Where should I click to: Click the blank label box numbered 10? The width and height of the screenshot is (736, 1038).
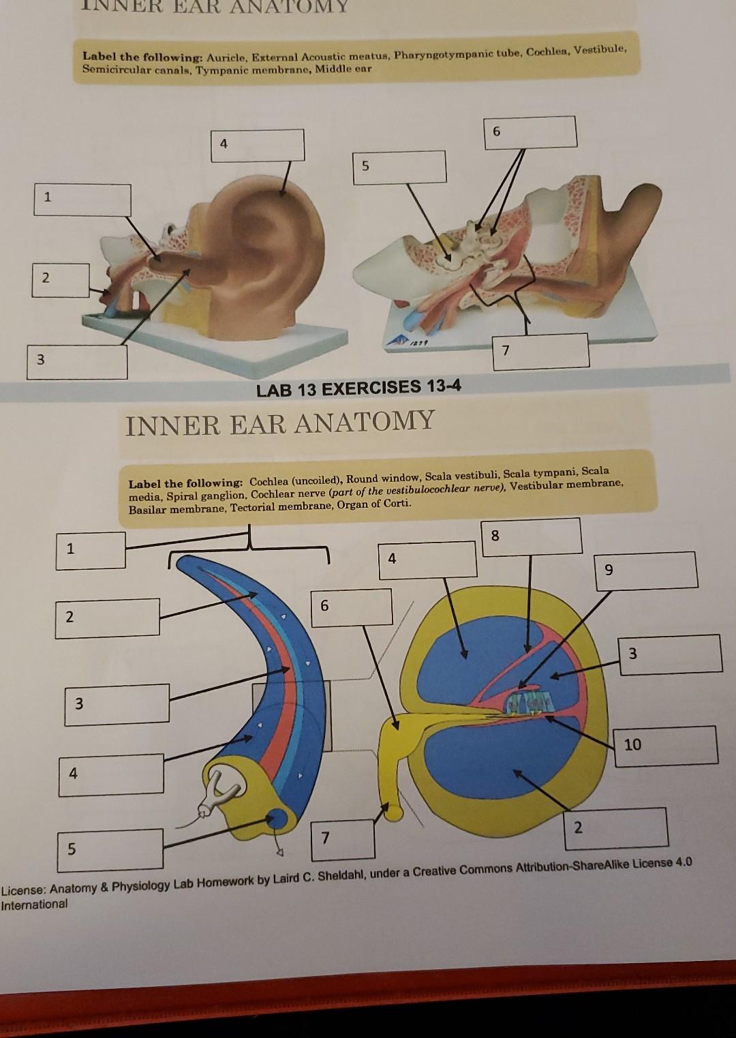[667, 745]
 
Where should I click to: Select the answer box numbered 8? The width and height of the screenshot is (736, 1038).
[532, 536]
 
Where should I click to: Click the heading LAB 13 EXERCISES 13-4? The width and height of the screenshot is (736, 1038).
[358, 388]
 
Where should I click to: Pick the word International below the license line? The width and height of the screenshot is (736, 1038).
[34, 904]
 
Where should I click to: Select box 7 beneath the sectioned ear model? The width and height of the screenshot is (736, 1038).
[541, 351]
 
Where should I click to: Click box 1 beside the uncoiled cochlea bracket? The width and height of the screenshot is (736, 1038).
[91, 549]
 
